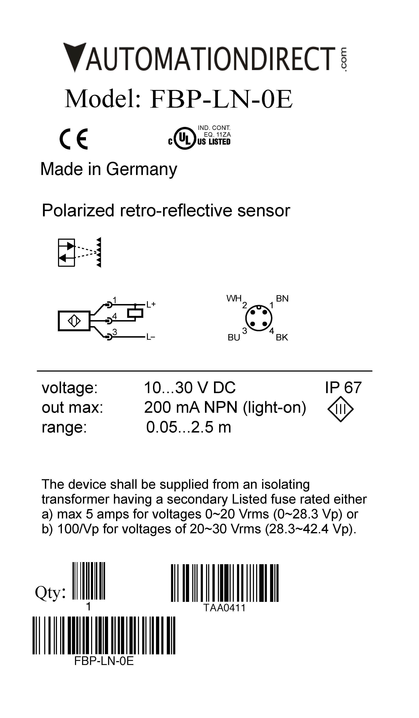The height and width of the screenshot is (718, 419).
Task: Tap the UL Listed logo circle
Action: point(185,138)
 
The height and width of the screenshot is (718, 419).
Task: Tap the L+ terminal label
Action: point(151,304)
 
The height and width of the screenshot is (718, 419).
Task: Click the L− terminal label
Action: point(151,337)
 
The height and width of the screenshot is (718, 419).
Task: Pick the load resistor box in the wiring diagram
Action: point(135,313)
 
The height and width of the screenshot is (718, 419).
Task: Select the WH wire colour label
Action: point(234,298)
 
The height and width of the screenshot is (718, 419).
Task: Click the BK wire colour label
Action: point(282,337)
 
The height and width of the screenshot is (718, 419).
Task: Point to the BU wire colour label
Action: point(234,338)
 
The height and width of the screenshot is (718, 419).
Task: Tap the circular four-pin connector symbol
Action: point(259,318)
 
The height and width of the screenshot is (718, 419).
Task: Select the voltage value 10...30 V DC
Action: point(190,388)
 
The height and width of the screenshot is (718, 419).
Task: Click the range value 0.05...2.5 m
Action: point(188,427)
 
